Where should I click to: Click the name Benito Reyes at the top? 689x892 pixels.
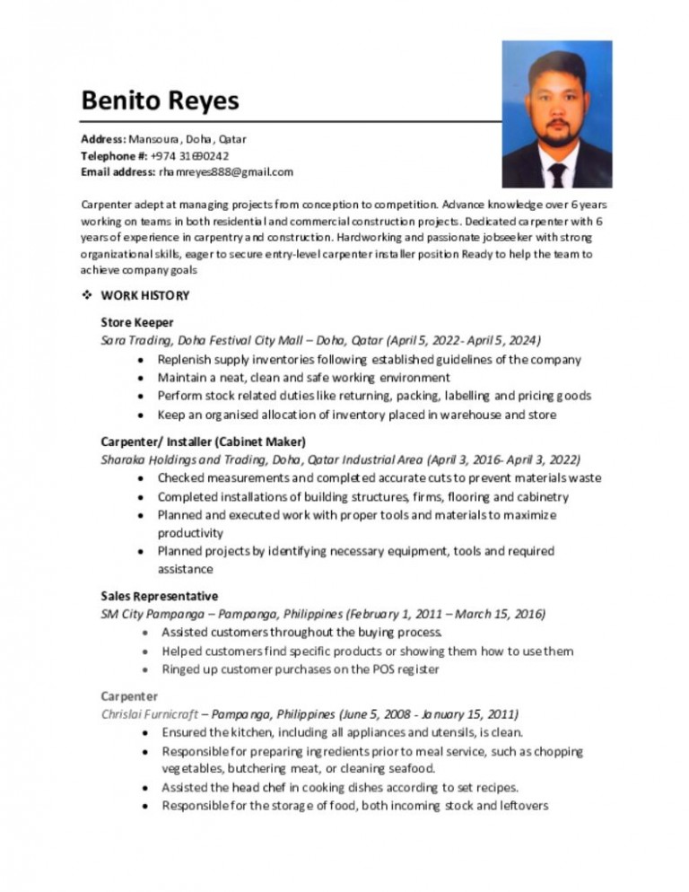point(161,100)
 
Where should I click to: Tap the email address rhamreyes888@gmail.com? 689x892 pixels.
point(226,171)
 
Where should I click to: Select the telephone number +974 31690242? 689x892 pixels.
point(183,155)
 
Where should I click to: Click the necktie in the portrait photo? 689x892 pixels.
point(557,173)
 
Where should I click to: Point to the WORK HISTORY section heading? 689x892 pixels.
point(145,295)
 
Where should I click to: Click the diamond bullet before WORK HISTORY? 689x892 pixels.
point(87,295)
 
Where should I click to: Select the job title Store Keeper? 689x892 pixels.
point(137,322)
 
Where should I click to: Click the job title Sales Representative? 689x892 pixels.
point(160,596)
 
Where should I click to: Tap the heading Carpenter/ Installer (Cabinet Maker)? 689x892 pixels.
point(204,441)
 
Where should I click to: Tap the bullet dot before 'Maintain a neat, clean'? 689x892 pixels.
point(144,378)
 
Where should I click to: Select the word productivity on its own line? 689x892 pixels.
point(190,532)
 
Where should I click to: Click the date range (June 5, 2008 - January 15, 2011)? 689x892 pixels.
point(429,713)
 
